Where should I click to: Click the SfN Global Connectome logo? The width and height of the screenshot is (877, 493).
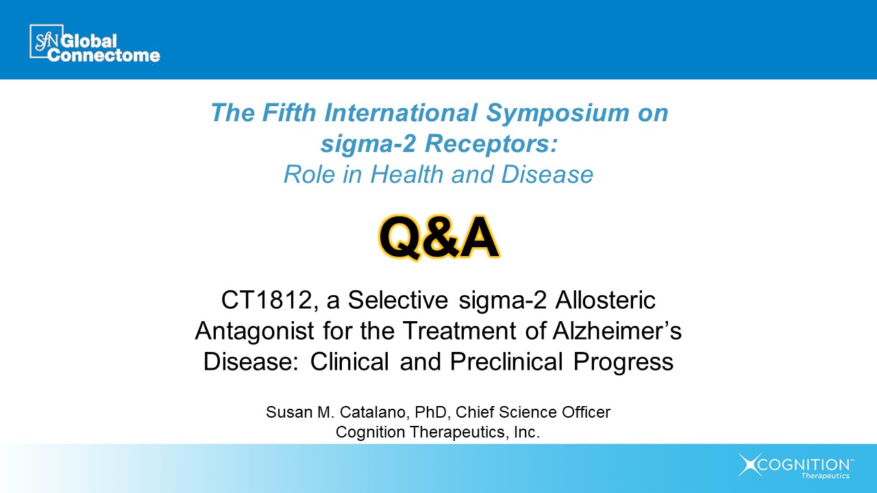(95, 43)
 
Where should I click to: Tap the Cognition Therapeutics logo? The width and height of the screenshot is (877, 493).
(796, 466)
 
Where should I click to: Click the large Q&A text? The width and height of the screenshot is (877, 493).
(439, 237)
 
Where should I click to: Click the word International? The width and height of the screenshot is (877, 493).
(401, 112)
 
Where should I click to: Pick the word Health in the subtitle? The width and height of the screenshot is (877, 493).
(407, 174)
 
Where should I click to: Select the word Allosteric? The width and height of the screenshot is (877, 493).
(605, 300)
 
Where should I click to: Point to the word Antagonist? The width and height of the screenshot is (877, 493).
(254, 331)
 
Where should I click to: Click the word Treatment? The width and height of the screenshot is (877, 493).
(459, 331)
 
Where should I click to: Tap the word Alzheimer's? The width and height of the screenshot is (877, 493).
(617, 330)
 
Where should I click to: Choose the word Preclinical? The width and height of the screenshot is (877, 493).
(506, 362)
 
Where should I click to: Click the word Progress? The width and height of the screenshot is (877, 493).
(623, 362)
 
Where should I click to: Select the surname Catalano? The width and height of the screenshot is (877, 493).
(373, 412)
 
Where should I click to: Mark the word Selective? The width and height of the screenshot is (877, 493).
(398, 300)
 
